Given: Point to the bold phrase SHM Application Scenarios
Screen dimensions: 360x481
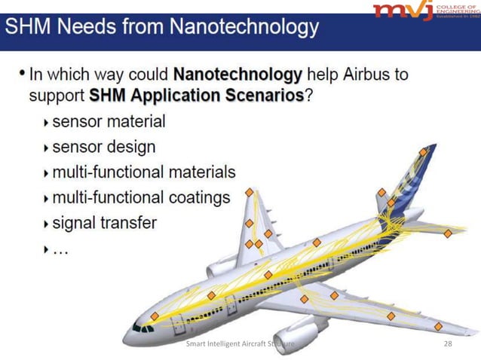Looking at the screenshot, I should [196, 96].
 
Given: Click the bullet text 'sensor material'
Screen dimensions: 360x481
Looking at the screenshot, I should [109, 121].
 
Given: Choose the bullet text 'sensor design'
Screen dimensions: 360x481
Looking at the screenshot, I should [104, 147].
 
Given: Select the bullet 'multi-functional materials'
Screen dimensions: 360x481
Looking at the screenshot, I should [144, 172].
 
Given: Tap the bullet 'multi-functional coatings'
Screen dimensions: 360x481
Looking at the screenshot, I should [141, 198].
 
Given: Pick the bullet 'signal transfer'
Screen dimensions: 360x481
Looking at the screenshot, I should [105, 223].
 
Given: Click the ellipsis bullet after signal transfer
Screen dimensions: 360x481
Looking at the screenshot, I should [60, 249].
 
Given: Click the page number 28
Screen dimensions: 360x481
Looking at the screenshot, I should [449, 344].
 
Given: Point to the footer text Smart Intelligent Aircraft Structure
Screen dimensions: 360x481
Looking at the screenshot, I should [240, 344].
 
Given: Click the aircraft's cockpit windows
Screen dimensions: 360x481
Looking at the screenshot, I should [143, 328].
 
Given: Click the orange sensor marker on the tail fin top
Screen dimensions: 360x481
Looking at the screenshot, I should [424, 152].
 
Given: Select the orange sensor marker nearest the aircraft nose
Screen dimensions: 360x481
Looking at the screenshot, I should [154, 316].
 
